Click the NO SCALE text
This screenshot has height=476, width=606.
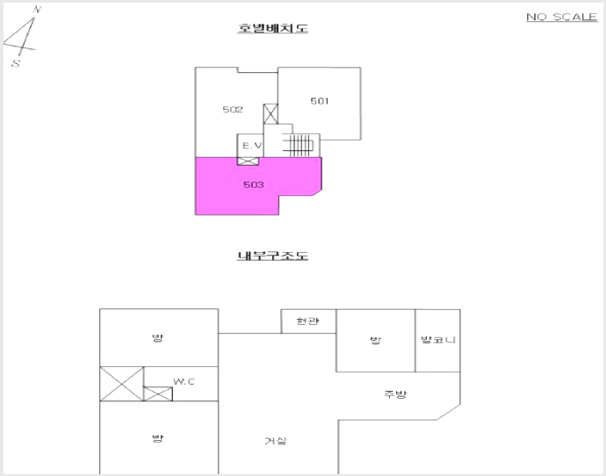[x=561, y=17]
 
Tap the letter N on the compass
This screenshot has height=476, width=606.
[x=37, y=10]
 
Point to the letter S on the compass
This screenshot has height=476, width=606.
[x=16, y=63]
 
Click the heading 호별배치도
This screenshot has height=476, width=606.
[x=272, y=28]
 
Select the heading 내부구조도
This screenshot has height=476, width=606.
[x=272, y=256]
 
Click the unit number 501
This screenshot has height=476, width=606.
[x=320, y=101]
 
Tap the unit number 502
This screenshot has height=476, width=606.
[x=233, y=110]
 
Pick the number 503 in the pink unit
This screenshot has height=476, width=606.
[x=254, y=184]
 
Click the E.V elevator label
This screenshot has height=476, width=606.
[x=252, y=146]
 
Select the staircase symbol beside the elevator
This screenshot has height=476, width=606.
[x=298, y=145]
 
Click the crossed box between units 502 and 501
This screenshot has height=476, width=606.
[x=271, y=114]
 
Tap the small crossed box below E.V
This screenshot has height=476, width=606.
[x=248, y=161]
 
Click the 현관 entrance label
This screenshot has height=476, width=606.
[x=307, y=321]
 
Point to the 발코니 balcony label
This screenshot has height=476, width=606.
[x=438, y=340]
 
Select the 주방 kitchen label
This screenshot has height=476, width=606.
[x=395, y=394]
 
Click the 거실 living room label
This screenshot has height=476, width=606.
[x=276, y=441]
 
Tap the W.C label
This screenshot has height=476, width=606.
[x=184, y=382]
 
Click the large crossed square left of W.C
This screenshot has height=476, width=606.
[x=122, y=384]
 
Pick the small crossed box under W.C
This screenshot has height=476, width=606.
[x=158, y=393]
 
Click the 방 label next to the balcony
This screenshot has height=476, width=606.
[x=375, y=341]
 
